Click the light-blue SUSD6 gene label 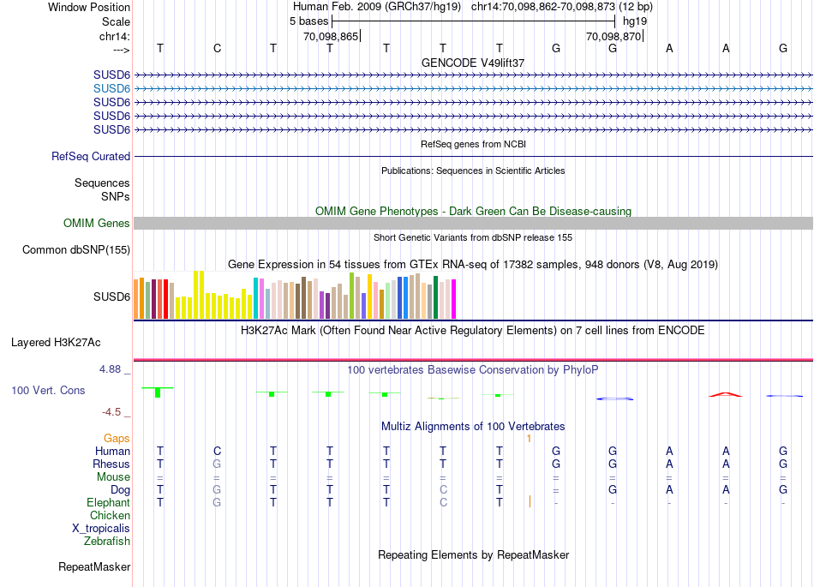tap(111, 88)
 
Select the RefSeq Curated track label tap(91, 157)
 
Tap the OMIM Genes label tap(97, 224)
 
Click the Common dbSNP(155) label tap(77, 250)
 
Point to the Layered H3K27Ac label tap(56, 343)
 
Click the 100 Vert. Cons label tap(48, 391)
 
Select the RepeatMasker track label tap(94, 567)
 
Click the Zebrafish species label tap(107, 542)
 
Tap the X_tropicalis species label tap(101, 529)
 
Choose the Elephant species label tap(108, 503)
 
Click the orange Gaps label tap(117, 439)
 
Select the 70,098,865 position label tap(331, 37)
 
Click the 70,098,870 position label tap(613, 37)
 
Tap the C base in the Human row tap(217, 451)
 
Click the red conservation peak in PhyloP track tap(725, 394)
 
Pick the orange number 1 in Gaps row tap(530, 439)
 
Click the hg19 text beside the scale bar tap(635, 21)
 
